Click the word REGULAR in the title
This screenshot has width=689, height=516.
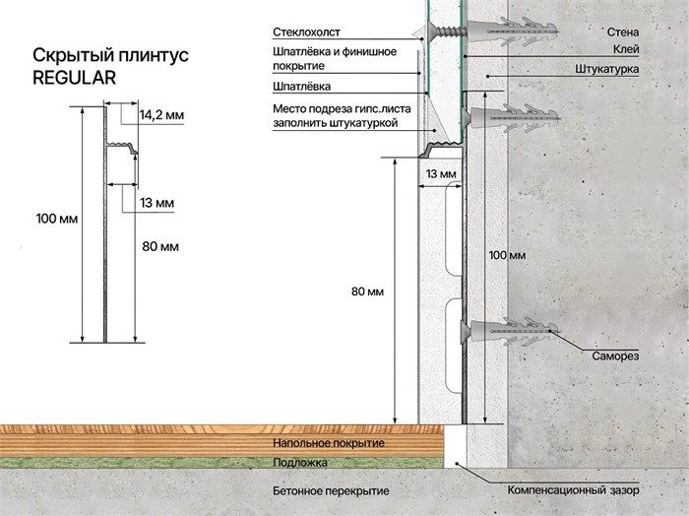[x=74, y=78]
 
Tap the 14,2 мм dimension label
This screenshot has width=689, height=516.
[x=161, y=115]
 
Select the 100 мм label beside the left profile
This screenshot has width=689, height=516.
[x=57, y=219]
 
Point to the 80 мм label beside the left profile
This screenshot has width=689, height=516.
[x=160, y=246]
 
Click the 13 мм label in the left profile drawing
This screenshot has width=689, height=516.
[x=157, y=203]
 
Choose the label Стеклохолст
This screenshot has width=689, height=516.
[x=306, y=32]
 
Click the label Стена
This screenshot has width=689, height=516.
[x=623, y=32]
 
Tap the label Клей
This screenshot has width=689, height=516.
[x=626, y=49]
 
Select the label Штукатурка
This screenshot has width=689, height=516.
[x=607, y=70]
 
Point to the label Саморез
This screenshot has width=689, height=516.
[x=615, y=356]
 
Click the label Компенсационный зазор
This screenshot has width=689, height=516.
[x=574, y=490]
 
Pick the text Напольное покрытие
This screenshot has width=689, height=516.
[x=329, y=443]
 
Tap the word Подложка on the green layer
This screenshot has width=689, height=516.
[x=300, y=463]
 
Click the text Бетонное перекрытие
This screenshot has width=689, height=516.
[x=331, y=491]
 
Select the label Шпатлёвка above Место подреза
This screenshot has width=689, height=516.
[x=302, y=87]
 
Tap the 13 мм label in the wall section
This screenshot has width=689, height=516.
[x=441, y=174]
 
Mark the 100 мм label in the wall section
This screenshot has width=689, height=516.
[x=507, y=255]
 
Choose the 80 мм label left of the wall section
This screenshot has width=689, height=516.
[x=367, y=291]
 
